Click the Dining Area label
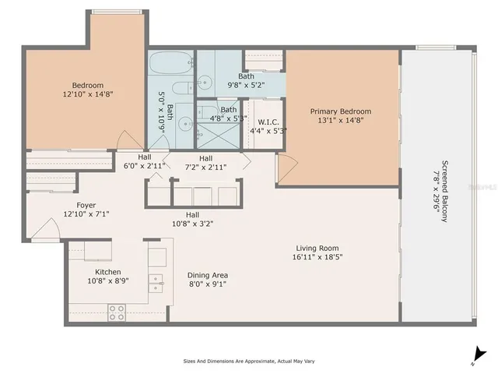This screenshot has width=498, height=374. [x=208, y=275]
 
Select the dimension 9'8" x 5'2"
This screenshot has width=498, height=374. [x=246, y=85]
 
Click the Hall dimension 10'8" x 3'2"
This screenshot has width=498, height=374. [x=191, y=223]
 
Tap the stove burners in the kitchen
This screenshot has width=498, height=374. [x=116, y=312]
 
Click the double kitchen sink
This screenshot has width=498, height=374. [x=156, y=282]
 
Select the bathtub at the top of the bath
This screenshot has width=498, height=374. [x=171, y=62]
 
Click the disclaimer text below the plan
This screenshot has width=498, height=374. [x=249, y=362]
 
